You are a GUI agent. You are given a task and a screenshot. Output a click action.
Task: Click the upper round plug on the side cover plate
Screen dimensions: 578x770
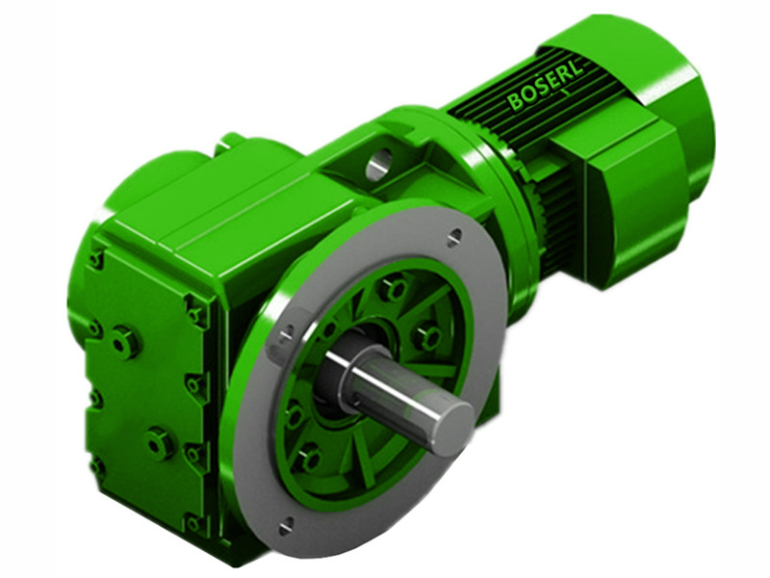pyautogui.click(x=123, y=340)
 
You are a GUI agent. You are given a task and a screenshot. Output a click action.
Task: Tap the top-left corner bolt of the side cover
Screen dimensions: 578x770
pyautogui.click(x=95, y=258)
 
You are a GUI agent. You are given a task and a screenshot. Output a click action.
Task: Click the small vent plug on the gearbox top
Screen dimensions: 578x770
pyautogui.click(x=228, y=144)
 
